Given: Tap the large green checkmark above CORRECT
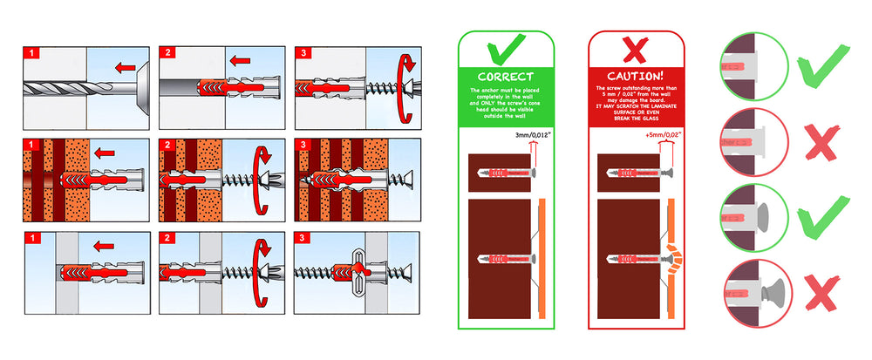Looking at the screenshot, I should coord(506,51).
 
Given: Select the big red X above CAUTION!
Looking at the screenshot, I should coord(636,51).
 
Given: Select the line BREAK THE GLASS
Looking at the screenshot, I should coord(636,118).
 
